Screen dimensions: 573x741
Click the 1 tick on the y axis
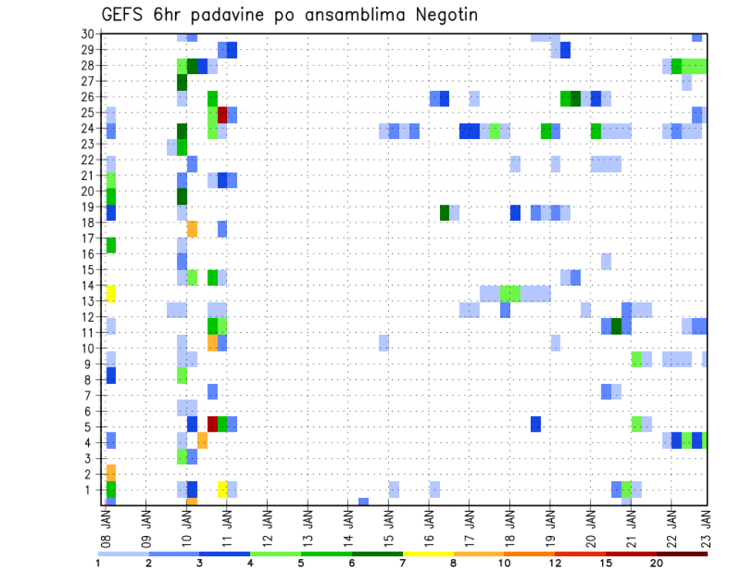tap(90, 490)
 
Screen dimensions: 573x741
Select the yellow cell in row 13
tap(110, 293)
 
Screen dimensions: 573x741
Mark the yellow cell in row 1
tap(222, 490)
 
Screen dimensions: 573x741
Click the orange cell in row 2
tap(110, 473)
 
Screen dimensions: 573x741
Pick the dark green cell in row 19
tap(445, 212)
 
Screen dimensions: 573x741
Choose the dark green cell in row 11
tap(616, 326)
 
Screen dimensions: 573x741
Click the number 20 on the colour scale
tap(655, 563)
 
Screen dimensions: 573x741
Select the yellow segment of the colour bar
tap(428, 553)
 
